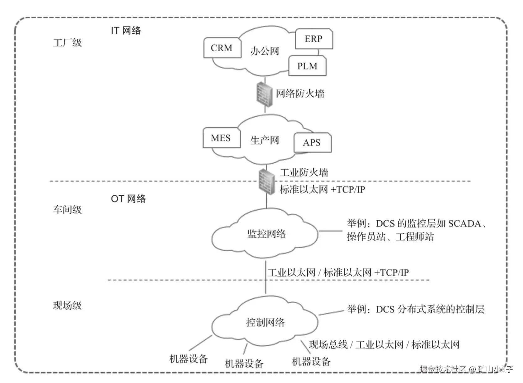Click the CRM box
(222, 48)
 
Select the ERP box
(314, 39)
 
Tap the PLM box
(307, 66)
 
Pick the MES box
(221, 138)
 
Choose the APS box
(312, 143)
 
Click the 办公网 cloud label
(265, 51)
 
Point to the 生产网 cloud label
(265, 140)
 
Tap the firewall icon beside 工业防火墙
(267, 181)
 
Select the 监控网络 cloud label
(267, 234)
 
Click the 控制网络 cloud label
(265, 322)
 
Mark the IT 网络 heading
(126, 31)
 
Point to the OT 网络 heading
(128, 199)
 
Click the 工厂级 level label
(67, 43)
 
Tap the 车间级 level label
(67, 210)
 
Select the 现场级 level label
(67, 305)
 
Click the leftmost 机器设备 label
(189, 359)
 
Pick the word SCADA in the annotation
(464, 224)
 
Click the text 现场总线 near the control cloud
(328, 345)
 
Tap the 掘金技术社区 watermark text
(443, 369)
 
